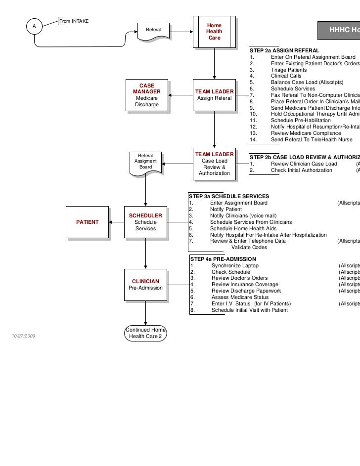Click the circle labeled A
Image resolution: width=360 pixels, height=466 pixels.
coord(34,26)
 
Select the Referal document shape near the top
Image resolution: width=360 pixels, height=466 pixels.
coord(153,32)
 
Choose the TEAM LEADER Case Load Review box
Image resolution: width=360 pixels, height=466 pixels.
coord(214,164)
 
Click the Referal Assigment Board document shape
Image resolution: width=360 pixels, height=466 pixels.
coord(145,162)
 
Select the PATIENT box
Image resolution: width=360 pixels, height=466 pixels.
coord(87,222)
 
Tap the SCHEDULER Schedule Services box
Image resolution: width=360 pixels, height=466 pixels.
coord(145,222)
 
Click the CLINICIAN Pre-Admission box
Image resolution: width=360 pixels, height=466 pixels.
coord(145,285)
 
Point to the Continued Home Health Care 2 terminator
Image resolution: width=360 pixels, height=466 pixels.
coord(145,333)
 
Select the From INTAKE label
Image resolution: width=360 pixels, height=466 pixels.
coord(74,21)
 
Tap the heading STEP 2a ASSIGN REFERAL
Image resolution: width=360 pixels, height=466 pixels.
coord(284,51)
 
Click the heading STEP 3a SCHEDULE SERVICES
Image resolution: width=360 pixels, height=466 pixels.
coord(228,196)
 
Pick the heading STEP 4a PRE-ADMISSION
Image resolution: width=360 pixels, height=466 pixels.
coord(223,259)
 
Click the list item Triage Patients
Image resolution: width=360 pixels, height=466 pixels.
coord(288,70)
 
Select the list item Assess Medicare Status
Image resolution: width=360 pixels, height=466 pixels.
coord(240,297)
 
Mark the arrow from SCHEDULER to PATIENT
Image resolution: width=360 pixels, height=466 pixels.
coord(116,222)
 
